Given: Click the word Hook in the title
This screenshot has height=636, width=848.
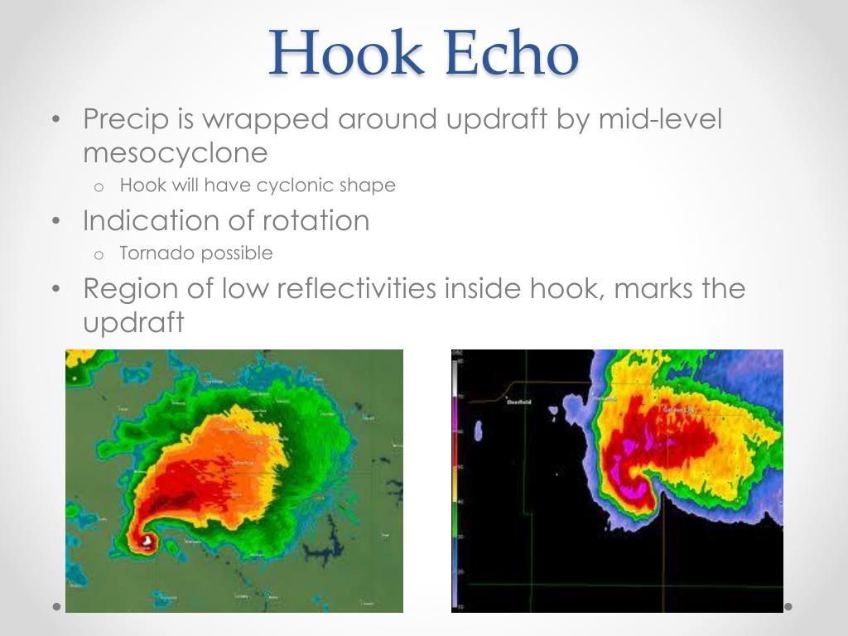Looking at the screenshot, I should point(347,52).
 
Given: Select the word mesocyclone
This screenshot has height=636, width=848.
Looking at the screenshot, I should point(176,153).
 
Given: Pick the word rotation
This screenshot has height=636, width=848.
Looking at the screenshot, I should point(316,221).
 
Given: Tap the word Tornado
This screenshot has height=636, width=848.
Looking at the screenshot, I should point(153,253).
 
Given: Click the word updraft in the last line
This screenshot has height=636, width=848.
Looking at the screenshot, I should point(132,323).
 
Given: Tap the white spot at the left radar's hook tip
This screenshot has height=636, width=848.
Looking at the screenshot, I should point(147,541).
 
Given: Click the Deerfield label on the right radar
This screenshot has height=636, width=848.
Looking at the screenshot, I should point(518,402).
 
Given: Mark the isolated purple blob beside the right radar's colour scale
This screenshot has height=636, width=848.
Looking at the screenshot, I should point(479,430).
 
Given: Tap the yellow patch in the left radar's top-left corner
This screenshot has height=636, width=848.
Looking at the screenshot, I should point(77,357).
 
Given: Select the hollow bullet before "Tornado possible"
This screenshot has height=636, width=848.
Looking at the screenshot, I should point(98,254).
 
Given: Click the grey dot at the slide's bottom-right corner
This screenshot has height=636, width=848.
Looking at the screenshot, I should point(788,606).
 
